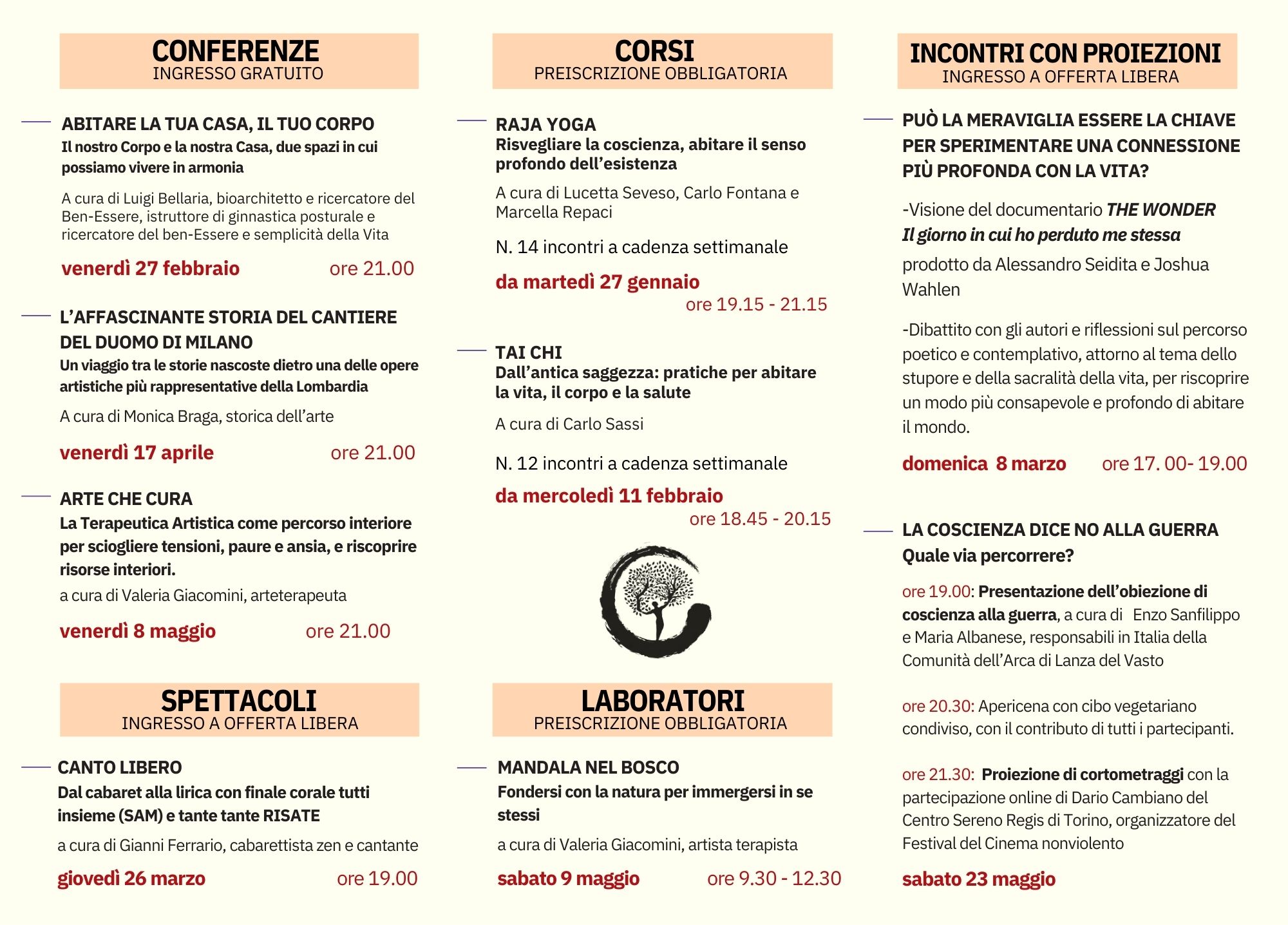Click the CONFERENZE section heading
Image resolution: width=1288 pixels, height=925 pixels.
pyautogui.click(x=236, y=52)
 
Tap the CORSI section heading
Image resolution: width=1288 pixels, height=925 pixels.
pyautogui.click(x=654, y=52)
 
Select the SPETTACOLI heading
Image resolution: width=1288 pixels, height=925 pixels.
pyautogui.click(x=239, y=701)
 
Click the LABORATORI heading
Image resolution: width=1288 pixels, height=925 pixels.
pyautogui.click(x=663, y=701)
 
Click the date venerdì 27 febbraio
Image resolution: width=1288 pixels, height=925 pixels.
pyautogui.click(x=151, y=268)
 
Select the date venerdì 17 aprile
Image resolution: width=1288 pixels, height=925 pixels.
pyautogui.click(x=137, y=452)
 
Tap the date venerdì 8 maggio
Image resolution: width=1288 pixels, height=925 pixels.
pyautogui.click(x=138, y=631)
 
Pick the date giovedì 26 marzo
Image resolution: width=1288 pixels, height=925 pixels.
pyautogui.click(x=131, y=878)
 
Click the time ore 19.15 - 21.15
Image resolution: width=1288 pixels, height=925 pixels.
pyautogui.click(x=756, y=304)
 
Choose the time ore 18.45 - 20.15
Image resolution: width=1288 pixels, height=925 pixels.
pyautogui.click(x=760, y=519)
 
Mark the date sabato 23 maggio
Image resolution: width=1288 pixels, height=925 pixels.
pyautogui.click(x=978, y=879)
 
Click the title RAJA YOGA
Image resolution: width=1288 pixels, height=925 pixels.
pyautogui.click(x=545, y=124)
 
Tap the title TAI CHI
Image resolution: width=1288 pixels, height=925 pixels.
pyautogui.click(x=529, y=352)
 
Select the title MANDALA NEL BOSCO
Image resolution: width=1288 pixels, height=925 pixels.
pyautogui.click(x=588, y=767)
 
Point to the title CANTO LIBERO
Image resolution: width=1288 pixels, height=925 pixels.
pyautogui.click(x=120, y=767)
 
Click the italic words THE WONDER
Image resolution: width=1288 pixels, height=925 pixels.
pyautogui.click(x=1160, y=209)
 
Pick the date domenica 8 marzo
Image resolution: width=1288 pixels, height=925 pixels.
pyautogui.click(x=984, y=463)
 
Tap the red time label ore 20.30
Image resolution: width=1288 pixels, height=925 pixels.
pyautogui.click(x=938, y=706)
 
